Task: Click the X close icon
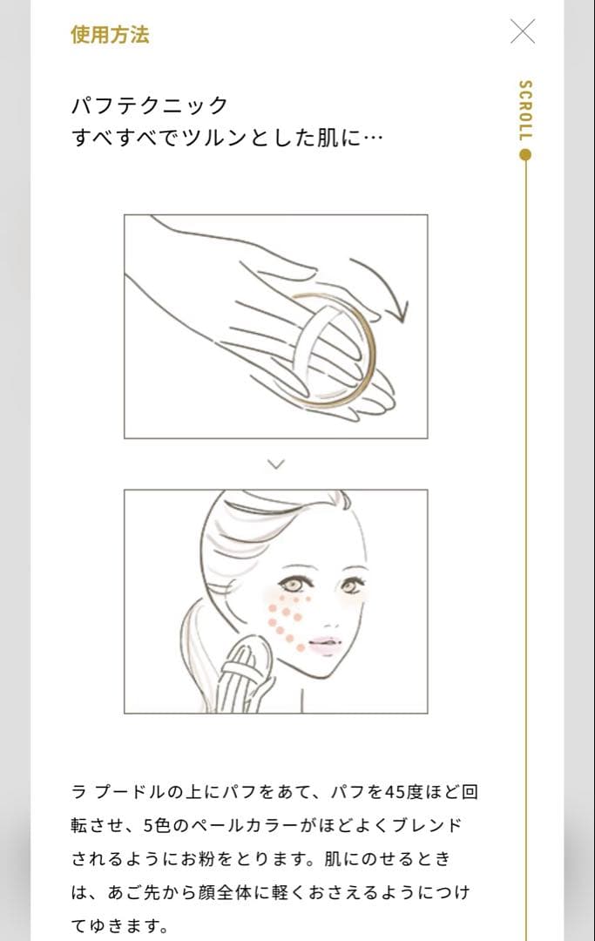click(523, 31)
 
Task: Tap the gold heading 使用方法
click(110, 34)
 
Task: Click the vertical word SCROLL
click(524, 111)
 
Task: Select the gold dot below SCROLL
click(525, 155)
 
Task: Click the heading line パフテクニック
click(149, 105)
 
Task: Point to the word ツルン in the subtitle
click(213, 138)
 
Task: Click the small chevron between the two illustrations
click(276, 464)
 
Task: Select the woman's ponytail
click(198, 654)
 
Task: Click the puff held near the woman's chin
click(243, 675)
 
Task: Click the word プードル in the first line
click(130, 792)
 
